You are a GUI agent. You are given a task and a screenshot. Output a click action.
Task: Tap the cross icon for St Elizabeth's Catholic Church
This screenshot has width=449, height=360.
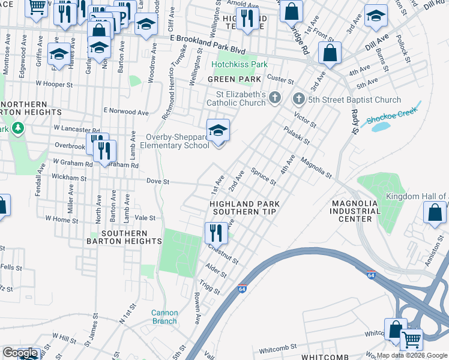pyautogui.click(x=275, y=98)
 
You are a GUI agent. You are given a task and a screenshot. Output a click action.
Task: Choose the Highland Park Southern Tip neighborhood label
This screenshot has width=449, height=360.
pyautogui.click(x=244, y=208)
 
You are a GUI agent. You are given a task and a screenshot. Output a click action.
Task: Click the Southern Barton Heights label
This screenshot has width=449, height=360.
pyautogui.click(x=131, y=237)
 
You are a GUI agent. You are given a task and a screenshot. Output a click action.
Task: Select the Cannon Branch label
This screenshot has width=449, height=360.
pyautogui.click(x=164, y=317)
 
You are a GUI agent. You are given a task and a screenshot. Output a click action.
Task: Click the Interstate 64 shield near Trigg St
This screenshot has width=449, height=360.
pyautogui.click(x=243, y=289)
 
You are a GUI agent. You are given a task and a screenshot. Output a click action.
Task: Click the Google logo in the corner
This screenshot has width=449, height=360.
pyautogui.click(x=20, y=353)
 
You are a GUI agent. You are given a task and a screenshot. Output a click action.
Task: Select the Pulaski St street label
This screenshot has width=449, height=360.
pyautogui.click(x=297, y=136)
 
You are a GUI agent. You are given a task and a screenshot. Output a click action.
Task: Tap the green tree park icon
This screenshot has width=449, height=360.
pyautogui.click(x=19, y=128)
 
